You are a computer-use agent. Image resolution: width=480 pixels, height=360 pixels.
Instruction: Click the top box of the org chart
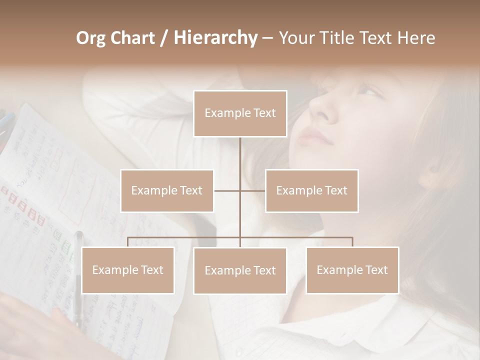click(x=240, y=113)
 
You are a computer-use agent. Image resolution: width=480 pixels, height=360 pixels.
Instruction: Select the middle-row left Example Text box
click(x=167, y=190)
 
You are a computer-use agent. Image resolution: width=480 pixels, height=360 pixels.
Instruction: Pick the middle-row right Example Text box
click(x=311, y=190)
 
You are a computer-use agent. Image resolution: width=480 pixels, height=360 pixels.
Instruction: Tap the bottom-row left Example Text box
click(x=128, y=270)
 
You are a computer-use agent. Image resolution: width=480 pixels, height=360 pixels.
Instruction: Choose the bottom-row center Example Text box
click(x=240, y=270)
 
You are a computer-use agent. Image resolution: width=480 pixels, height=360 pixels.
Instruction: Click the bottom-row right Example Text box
click(x=352, y=270)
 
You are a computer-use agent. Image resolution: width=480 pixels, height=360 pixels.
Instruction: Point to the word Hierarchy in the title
click(x=215, y=38)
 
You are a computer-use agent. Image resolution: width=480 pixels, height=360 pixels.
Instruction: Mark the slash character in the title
click(x=164, y=38)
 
